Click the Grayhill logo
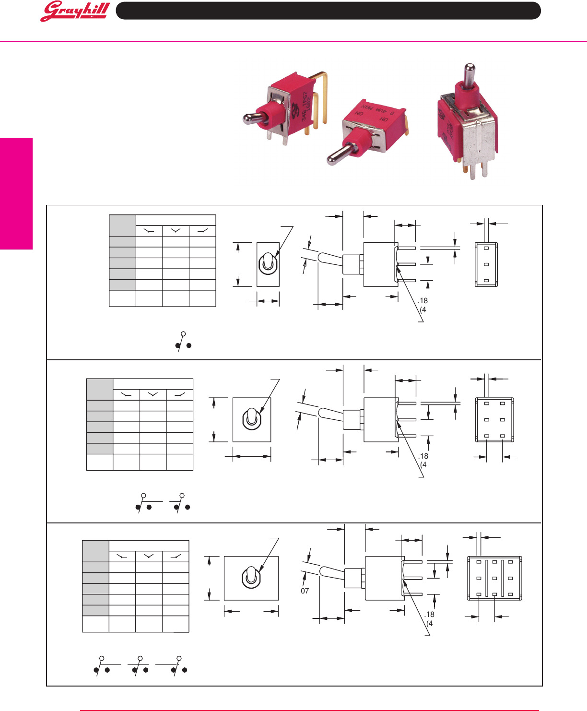point(75,12)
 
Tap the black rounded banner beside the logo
point(328,11)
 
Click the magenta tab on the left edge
point(16,194)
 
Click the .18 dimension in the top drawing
point(423,301)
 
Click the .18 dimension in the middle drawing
point(423,456)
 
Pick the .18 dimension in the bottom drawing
point(429,614)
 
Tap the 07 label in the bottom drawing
point(305,591)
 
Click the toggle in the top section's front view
point(268,264)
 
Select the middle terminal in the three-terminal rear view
point(486,264)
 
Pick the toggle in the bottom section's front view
point(251,577)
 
